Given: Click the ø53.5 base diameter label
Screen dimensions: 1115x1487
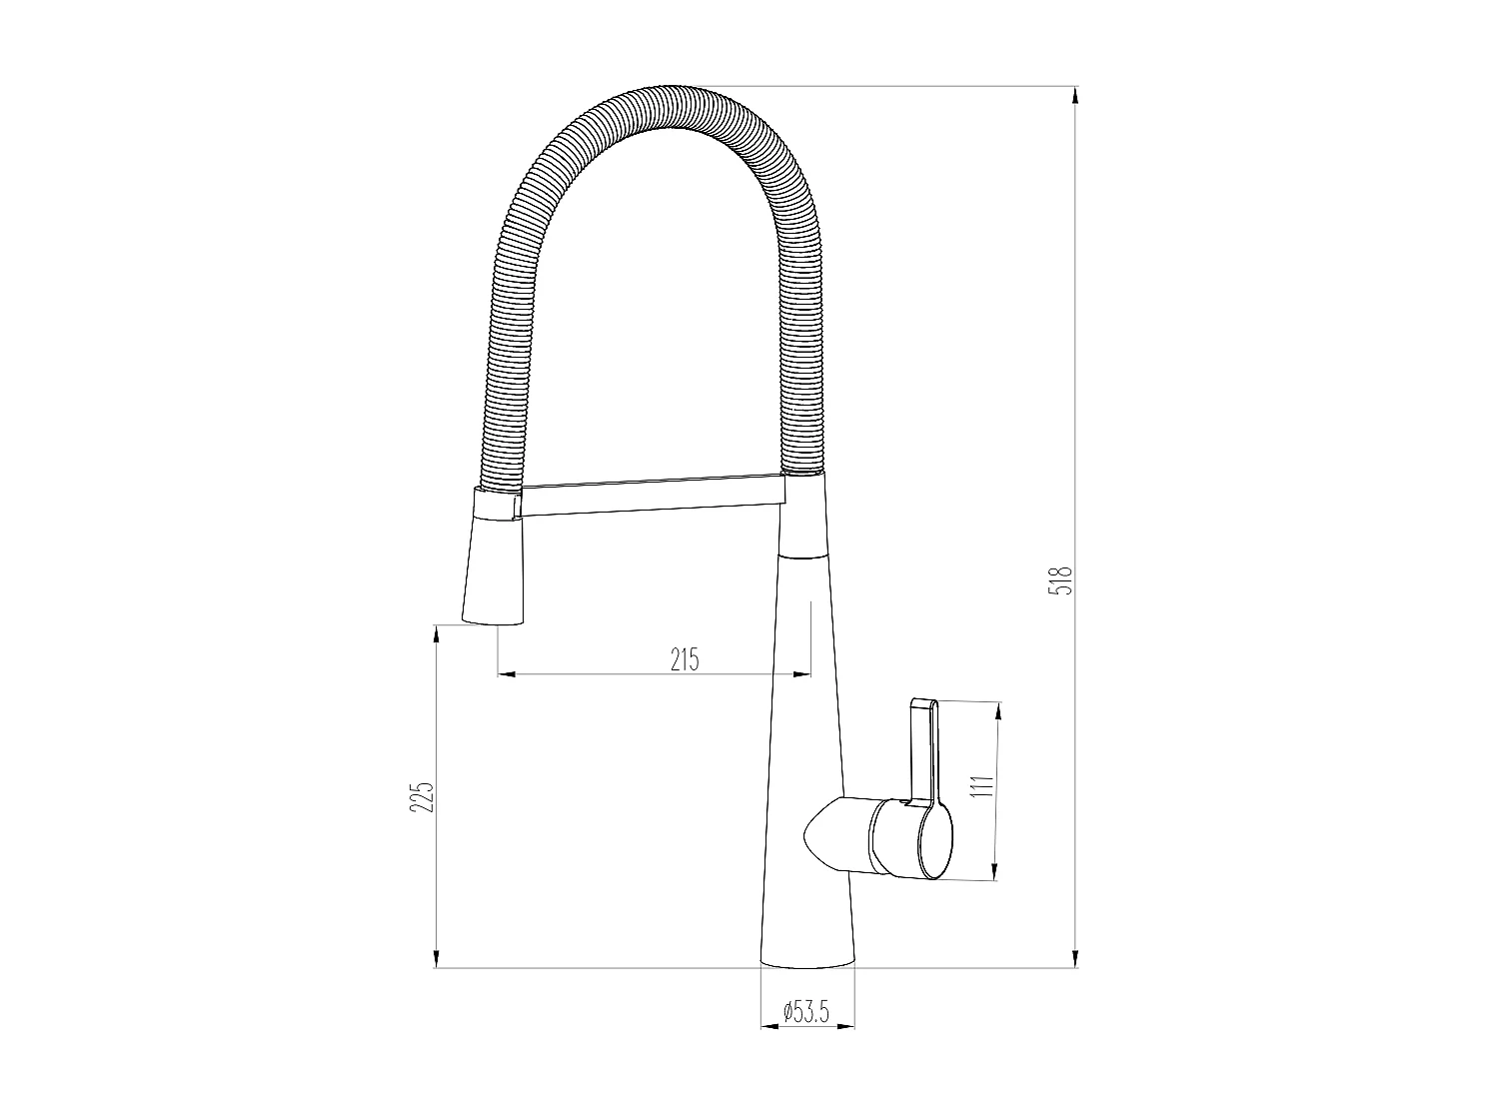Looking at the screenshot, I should click(x=806, y=1012).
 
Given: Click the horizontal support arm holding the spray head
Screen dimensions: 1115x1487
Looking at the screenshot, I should click(x=650, y=499).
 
